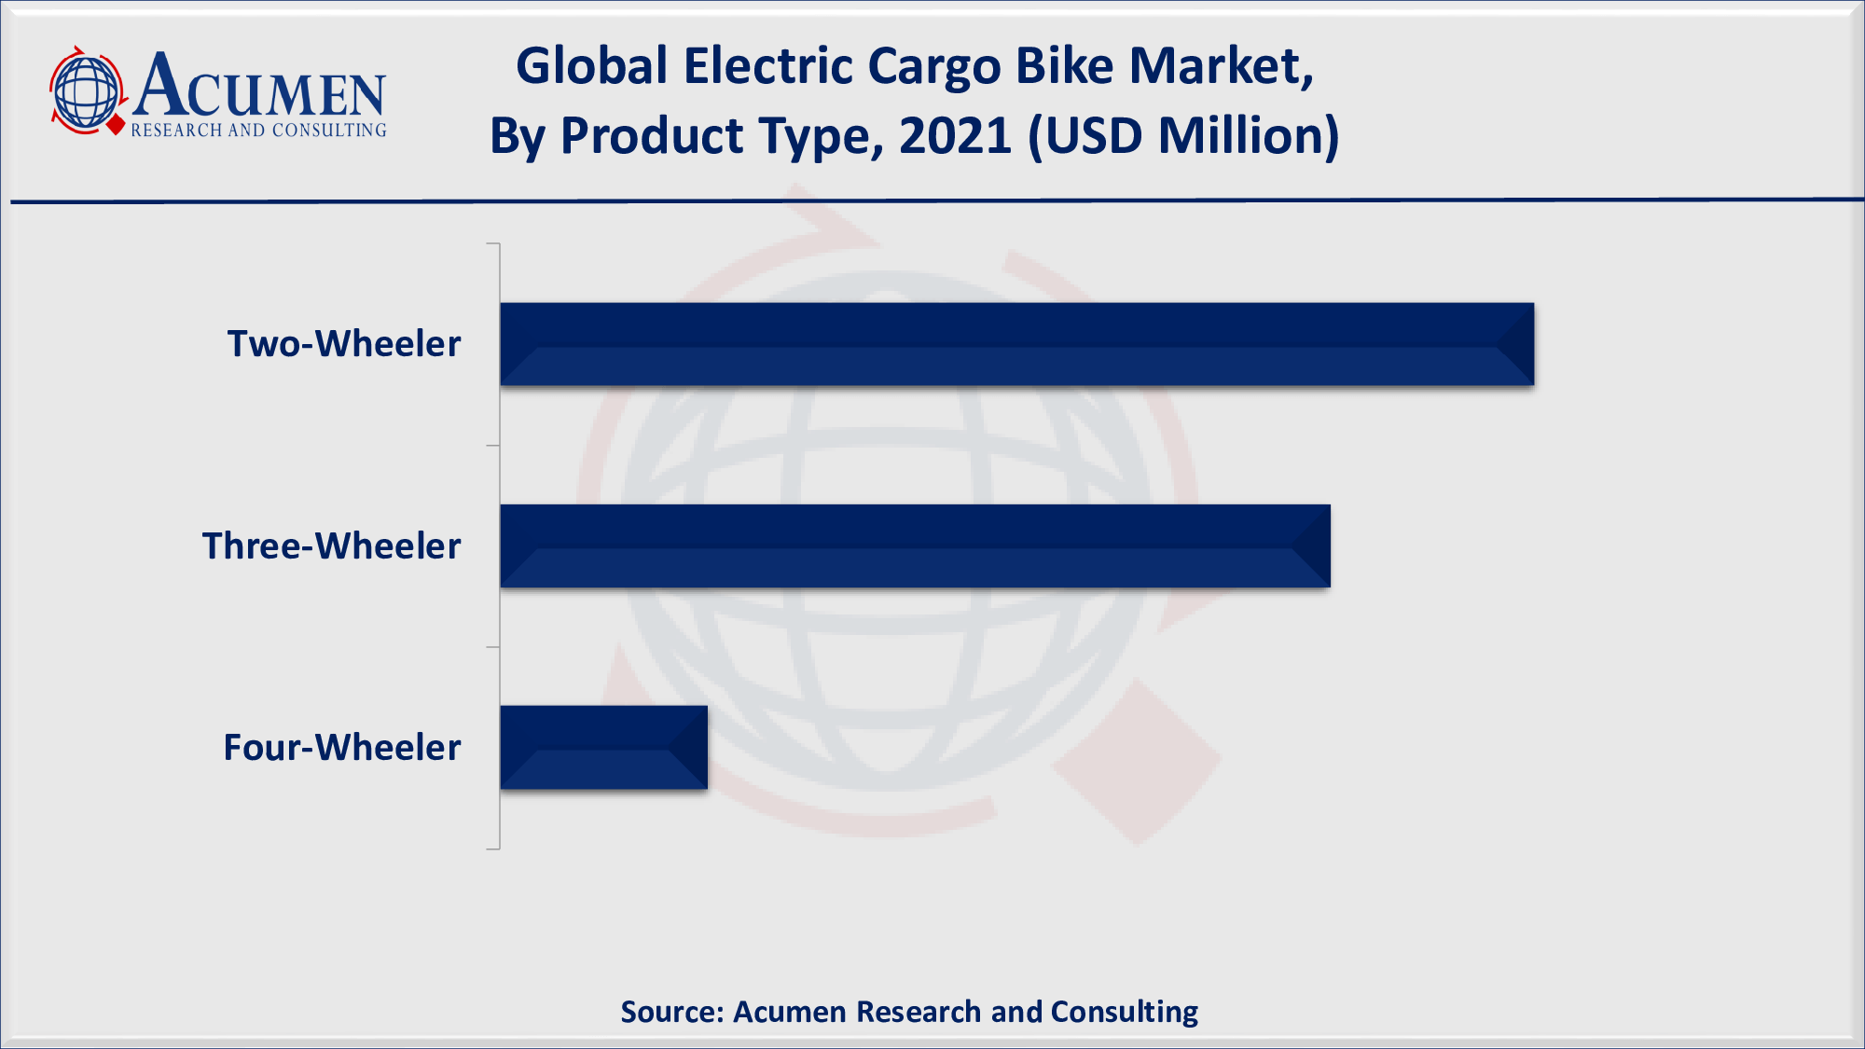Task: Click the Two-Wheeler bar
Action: pos(1016,344)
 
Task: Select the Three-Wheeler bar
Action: pos(915,545)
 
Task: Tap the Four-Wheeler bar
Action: pos(603,747)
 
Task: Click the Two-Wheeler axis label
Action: pos(344,344)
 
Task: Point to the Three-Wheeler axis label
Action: pos(331,546)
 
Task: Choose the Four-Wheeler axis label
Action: pos(342,748)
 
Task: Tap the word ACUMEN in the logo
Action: pos(259,86)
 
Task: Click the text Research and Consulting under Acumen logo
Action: pos(258,131)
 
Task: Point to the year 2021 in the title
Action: pos(955,136)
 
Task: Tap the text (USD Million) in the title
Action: pos(1183,136)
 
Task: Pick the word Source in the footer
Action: pos(671,1012)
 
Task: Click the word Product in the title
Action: pos(652,136)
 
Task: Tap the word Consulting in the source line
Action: pos(1124,1012)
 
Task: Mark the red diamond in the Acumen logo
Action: pos(117,125)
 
